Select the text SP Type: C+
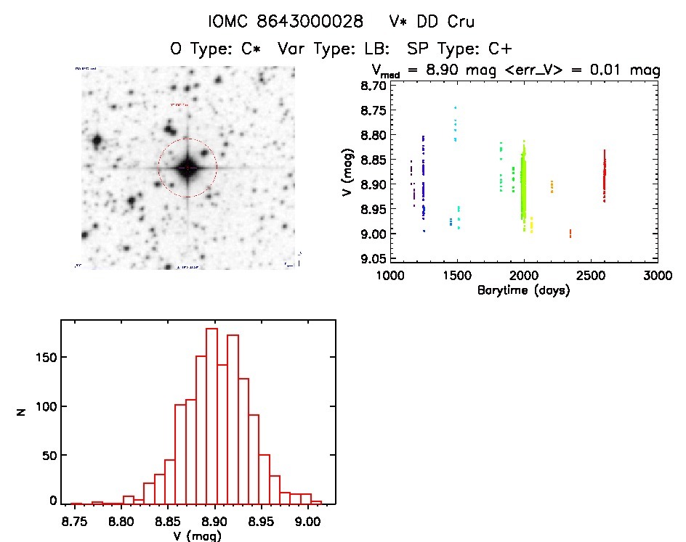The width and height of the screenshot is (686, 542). [x=460, y=49]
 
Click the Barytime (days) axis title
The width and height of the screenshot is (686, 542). [x=523, y=290]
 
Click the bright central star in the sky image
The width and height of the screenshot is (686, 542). [x=187, y=168]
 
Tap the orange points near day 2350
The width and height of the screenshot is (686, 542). [x=570, y=233]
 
